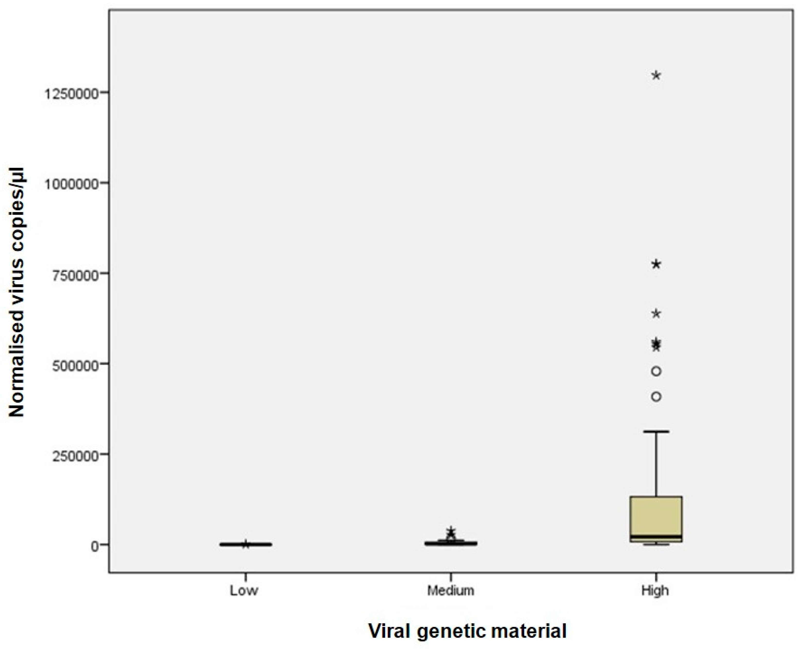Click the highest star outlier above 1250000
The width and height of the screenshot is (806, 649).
click(x=656, y=75)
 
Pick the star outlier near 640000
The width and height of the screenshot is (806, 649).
click(x=656, y=314)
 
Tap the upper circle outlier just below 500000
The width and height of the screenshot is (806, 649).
click(x=656, y=371)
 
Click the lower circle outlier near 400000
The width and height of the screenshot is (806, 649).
click(x=656, y=396)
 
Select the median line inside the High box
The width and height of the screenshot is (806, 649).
click(x=656, y=536)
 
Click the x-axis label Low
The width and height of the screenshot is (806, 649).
click(x=244, y=591)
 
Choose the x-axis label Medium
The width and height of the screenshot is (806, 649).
click(x=451, y=591)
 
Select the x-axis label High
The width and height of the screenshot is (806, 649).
click(x=655, y=591)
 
